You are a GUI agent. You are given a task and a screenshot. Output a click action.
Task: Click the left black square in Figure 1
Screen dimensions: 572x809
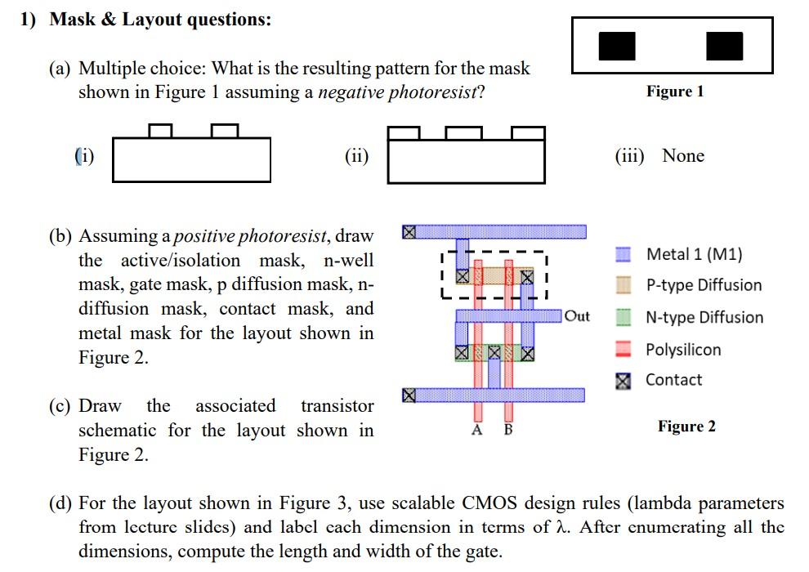coord(617,47)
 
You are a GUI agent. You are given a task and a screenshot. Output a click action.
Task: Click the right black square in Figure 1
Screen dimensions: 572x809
coord(724,47)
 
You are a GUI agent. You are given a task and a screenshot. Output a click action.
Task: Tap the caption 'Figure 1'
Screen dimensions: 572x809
coord(674,92)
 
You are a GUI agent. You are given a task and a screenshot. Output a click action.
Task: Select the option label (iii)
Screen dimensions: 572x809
coord(629,156)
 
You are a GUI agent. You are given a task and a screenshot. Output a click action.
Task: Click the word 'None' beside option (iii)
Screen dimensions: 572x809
coord(682,156)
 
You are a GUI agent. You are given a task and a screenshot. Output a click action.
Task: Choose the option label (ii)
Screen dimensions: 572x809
coord(356,156)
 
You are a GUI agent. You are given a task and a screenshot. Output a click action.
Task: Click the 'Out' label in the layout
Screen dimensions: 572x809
coord(577,316)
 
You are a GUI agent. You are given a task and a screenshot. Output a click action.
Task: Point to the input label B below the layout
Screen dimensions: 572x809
coord(507,431)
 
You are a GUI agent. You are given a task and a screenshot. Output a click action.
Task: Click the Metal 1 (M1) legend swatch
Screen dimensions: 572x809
coord(624,255)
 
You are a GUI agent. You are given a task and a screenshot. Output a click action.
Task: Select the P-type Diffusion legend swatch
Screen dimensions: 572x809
coord(624,285)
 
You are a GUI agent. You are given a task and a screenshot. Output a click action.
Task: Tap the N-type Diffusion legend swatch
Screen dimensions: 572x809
coord(624,317)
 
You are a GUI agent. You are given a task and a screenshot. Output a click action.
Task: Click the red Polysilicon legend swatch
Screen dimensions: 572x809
coord(624,350)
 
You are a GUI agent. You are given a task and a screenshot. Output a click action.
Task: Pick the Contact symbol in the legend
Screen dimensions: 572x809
coord(624,380)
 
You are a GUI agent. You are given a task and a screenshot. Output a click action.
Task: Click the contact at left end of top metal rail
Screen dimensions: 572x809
coord(409,232)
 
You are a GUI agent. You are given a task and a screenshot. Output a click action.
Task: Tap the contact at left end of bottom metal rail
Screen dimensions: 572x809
coord(409,395)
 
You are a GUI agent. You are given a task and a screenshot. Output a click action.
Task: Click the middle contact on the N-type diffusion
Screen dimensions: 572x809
coord(494,354)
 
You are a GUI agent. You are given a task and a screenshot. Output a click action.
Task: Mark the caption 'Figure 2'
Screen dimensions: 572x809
coord(686,427)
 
